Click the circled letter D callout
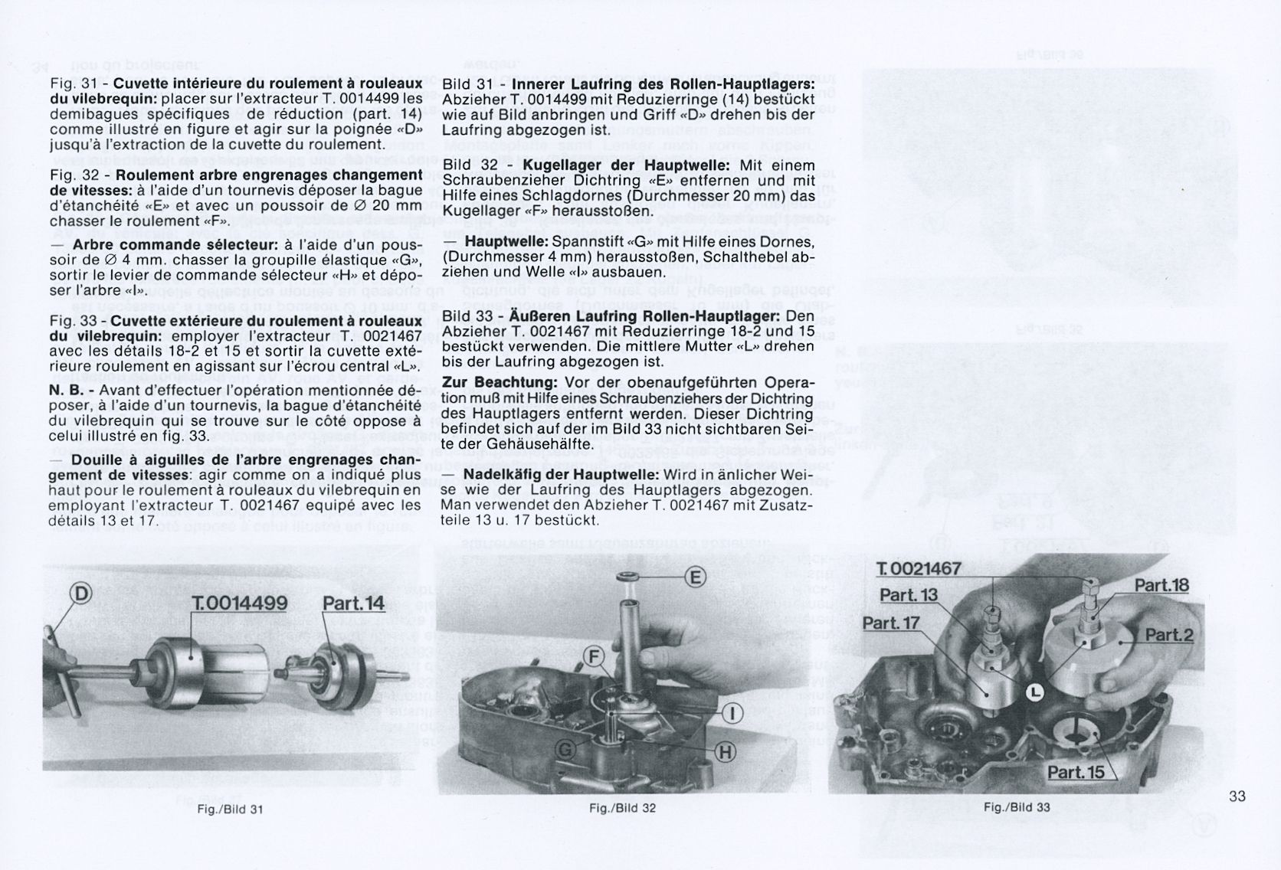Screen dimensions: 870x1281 coord(80,592)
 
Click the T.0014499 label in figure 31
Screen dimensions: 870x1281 coord(241,603)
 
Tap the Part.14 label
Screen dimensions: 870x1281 coord(353,603)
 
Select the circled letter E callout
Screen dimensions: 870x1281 coord(695,577)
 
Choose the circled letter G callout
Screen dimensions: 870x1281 coord(565,750)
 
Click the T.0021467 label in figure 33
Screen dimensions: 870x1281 coord(919,569)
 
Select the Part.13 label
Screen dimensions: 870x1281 coord(909,595)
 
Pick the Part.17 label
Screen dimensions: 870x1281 coord(891,623)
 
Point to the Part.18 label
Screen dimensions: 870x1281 coord(1161,586)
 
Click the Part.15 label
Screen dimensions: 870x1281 coord(1076,771)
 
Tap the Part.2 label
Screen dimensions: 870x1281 coord(1168,635)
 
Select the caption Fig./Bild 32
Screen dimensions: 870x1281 coord(623,806)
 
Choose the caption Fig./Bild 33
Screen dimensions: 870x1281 coord(1017,806)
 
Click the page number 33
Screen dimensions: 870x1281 coord(1237,796)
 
